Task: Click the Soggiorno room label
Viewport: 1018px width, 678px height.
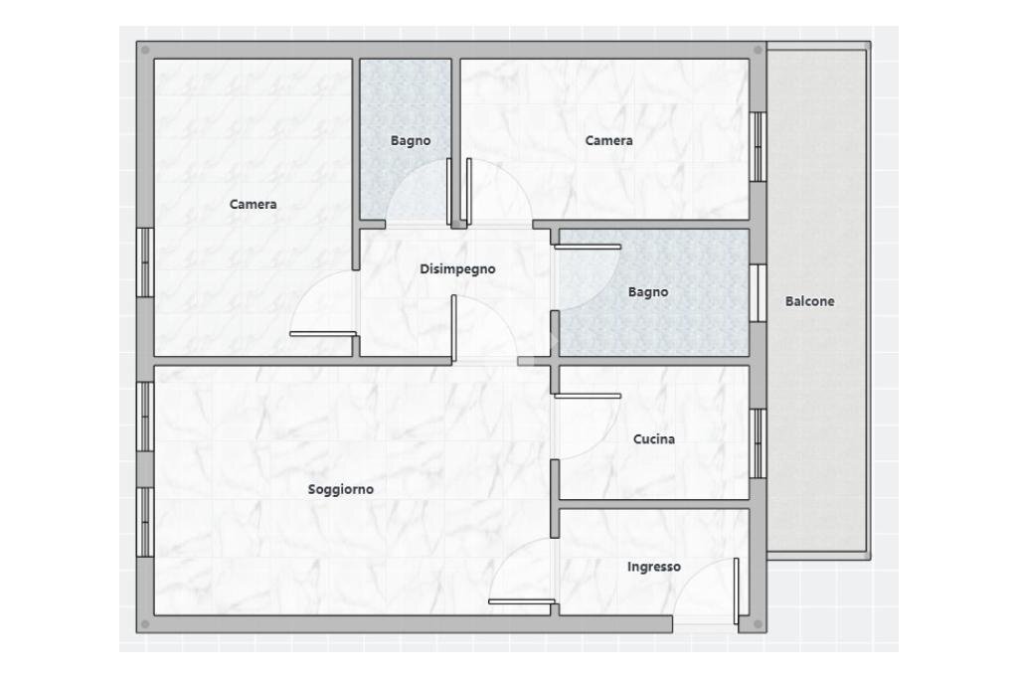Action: coord(340,490)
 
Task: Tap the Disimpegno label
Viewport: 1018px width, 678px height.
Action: coord(457,268)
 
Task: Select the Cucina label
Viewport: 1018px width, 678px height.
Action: coord(654,439)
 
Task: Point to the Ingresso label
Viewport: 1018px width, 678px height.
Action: coord(654,567)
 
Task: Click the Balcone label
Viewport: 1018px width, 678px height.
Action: coord(809,301)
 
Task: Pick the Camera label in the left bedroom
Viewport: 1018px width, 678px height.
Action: coord(253,204)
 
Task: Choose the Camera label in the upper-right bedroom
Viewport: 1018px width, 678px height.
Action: coord(608,140)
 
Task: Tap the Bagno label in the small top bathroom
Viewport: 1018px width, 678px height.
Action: coord(411,140)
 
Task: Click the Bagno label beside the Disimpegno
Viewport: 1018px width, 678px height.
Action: coord(648,292)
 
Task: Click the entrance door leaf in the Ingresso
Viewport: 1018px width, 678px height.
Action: coord(737,591)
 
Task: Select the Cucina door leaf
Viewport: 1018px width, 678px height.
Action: coord(588,396)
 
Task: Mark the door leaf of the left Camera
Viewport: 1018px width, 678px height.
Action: coord(323,334)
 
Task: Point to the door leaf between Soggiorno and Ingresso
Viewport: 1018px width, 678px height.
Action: coord(521,601)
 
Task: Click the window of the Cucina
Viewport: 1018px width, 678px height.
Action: coord(759,443)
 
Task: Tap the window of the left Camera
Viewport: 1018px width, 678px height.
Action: coord(145,262)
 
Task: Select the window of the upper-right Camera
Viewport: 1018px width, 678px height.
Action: coord(759,147)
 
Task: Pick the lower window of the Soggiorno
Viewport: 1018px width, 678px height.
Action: coord(145,522)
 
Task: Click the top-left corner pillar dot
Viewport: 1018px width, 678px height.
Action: coord(145,50)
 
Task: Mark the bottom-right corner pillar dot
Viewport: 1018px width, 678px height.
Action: coord(759,624)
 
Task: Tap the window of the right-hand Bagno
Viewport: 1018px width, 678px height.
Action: coord(759,293)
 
